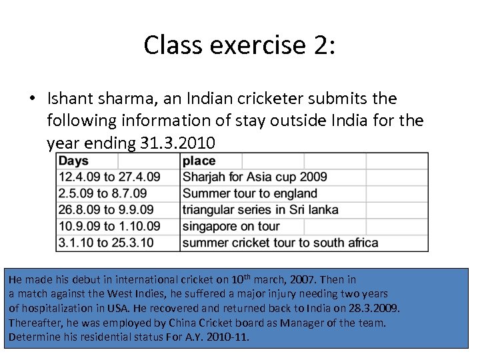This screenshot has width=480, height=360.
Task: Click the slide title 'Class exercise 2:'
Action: pos(240,45)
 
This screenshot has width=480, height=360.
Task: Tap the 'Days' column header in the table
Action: pos(73,161)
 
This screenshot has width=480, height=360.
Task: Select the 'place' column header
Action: pos(199,161)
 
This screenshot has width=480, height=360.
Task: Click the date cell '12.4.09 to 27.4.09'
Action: pos(109,177)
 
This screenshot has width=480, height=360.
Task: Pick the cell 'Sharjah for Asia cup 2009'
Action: pos(255,177)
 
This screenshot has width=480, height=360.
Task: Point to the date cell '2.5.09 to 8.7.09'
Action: pos(103,193)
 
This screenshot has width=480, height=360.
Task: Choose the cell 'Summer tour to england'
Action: pos(249,193)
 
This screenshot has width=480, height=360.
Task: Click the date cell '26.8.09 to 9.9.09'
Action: pos(106,210)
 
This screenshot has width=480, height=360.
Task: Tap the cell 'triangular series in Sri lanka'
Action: pos(260,210)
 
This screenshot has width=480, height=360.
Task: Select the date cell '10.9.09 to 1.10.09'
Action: pos(109,226)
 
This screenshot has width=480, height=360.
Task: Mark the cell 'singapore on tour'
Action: pos(231,226)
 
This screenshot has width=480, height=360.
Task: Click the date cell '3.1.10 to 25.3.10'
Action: pos(106,243)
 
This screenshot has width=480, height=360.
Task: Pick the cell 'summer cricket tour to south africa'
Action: pos(280,243)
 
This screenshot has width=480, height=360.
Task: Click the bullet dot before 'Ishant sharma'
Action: pos(33,99)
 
